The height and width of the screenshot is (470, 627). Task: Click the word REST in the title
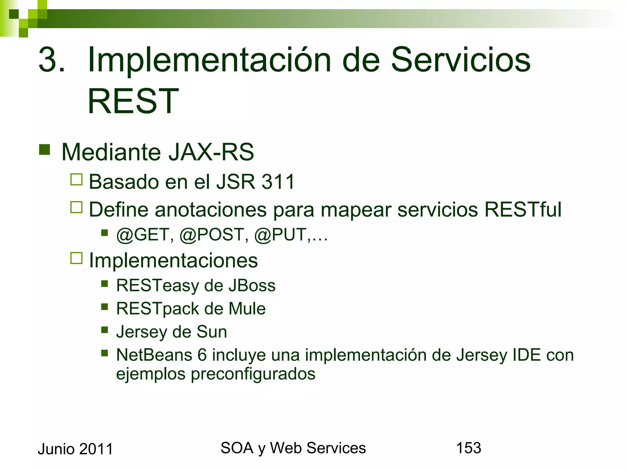(133, 101)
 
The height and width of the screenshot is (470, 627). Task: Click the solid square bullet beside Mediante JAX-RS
(45, 150)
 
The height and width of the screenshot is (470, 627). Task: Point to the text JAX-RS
(211, 152)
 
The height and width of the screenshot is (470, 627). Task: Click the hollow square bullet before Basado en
(77, 180)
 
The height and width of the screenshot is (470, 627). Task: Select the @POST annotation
(214, 235)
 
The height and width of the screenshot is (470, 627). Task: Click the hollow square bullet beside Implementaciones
(77, 258)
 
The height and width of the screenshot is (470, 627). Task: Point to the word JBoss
(252, 285)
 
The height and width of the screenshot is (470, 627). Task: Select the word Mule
(247, 309)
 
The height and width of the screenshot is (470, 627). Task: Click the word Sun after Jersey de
(212, 332)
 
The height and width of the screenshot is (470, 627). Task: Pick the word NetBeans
(154, 355)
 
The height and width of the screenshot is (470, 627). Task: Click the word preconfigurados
(253, 374)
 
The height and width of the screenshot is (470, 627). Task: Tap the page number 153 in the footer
(468, 448)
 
